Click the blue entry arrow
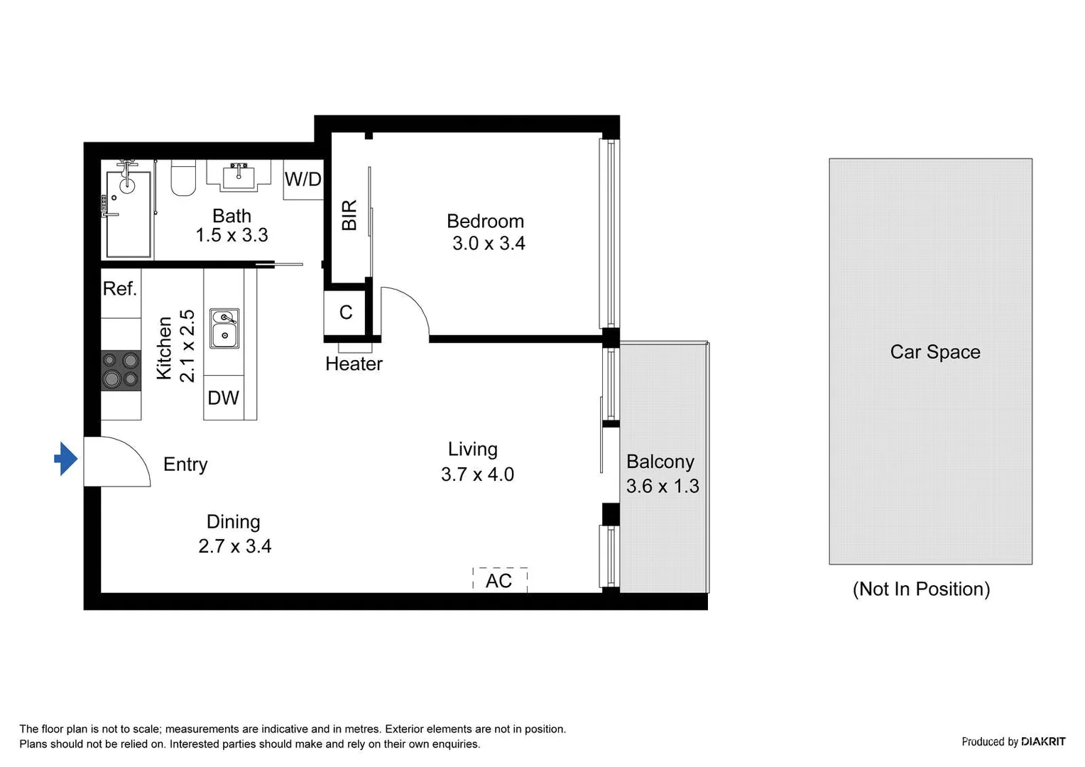click(x=66, y=459)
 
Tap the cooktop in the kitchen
click(x=120, y=370)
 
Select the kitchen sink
click(x=224, y=328)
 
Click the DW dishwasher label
click(x=223, y=398)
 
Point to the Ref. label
click(x=119, y=288)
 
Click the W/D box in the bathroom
click(x=303, y=179)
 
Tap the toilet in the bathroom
click(x=183, y=180)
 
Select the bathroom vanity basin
click(x=239, y=175)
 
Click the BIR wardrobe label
click(x=349, y=215)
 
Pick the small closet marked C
click(x=346, y=312)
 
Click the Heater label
click(x=354, y=364)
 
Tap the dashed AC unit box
click(x=499, y=580)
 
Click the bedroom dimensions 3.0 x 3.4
click(x=489, y=244)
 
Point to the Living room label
click(x=472, y=449)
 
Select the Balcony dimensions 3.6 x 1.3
click(x=662, y=486)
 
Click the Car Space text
click(x=934, y=352)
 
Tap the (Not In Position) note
click(x=921, y=589)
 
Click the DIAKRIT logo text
click(x=1042, y=741)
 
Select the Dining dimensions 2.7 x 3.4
click(x=234, y=546)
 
